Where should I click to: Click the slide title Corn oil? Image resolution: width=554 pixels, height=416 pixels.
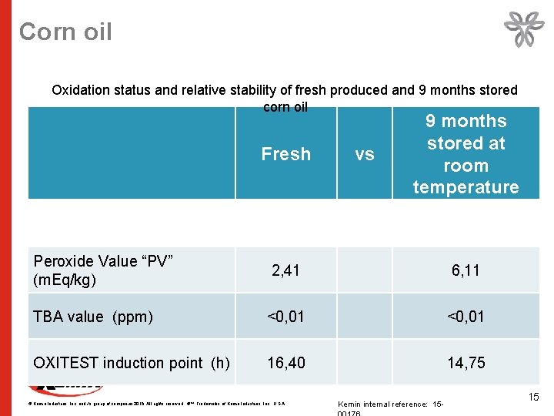point(65,32)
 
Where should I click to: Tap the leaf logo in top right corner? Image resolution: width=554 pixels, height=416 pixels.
point(523,30)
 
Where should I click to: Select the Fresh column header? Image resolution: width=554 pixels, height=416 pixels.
point(285,154)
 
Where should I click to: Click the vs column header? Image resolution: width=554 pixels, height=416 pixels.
point(365,154)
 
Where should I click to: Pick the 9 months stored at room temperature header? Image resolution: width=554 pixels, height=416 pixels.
point(466,154)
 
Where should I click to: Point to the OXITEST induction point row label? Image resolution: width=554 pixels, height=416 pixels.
point(131,363)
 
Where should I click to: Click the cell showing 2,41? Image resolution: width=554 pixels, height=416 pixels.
point(285,270)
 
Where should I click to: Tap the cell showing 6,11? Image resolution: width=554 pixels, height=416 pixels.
point(466,270)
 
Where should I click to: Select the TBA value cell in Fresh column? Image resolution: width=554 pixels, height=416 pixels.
point(285,317)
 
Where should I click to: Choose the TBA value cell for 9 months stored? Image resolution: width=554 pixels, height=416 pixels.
point(466,317)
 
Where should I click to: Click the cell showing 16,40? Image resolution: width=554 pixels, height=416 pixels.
point(285,363)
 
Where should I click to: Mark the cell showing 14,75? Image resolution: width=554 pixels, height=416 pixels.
point(466,363)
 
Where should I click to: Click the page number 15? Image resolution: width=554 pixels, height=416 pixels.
point(534,397)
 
